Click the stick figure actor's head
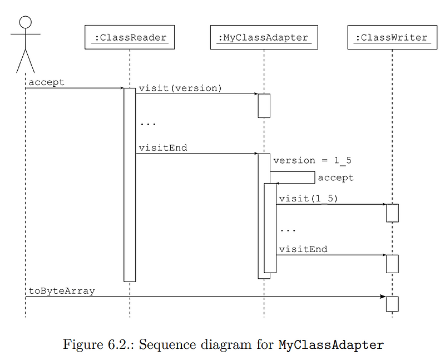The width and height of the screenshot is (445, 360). point(25,23)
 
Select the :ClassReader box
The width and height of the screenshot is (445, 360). point(130,38)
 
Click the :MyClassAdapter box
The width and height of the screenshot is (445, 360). point(264,38)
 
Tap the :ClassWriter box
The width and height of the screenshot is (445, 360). point(392,38)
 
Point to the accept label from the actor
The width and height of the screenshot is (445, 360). point(46,82)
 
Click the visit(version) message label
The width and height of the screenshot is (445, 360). point(180,88)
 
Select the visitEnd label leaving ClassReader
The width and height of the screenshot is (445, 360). point(162,148)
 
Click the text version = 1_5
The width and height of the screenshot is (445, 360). point(312,160)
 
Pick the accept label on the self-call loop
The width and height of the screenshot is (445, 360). point(335,178)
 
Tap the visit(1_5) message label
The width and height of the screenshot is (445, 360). point(308,198)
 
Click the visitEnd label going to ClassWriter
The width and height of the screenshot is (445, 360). point(303,249)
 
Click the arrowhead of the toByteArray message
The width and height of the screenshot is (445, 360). point(383,297)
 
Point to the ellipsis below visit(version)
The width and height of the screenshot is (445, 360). point(148,124)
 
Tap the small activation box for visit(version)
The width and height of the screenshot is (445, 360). point(264,105)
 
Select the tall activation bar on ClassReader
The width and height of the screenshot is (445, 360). point(130,184)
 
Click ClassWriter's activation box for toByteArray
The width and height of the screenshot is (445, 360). point(392,304)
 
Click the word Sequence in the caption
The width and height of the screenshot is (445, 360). point(163,344)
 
